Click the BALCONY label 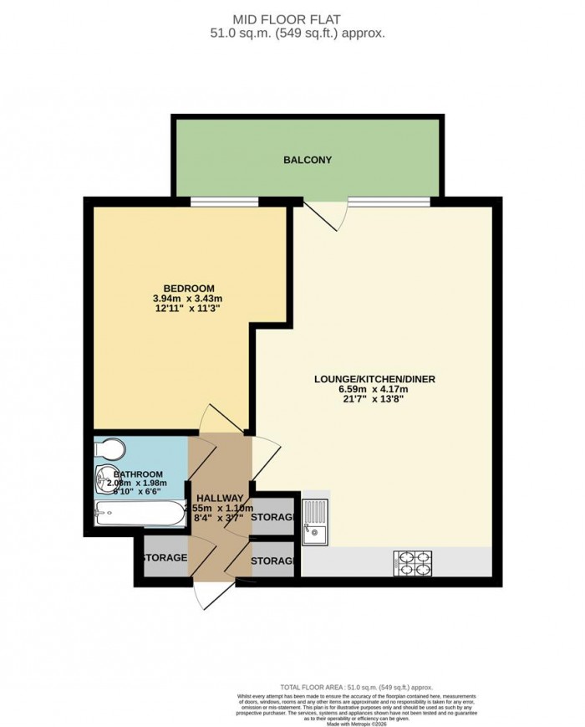coord(308,160)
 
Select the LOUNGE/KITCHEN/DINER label coord(374,379)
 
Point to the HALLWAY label coord(220,499)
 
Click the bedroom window coord(224,201)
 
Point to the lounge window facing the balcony coord(388,201)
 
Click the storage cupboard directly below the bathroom coord(163,558)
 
